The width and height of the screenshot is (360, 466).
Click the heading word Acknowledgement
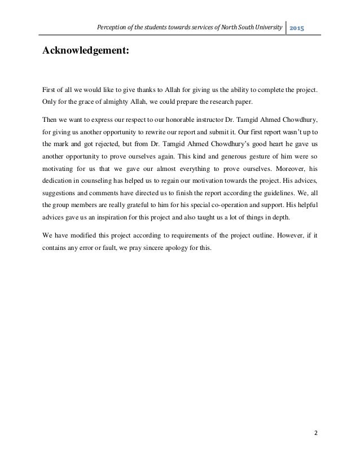tap(85, 52)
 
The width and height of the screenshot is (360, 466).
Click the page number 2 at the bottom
tap(315, 433)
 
